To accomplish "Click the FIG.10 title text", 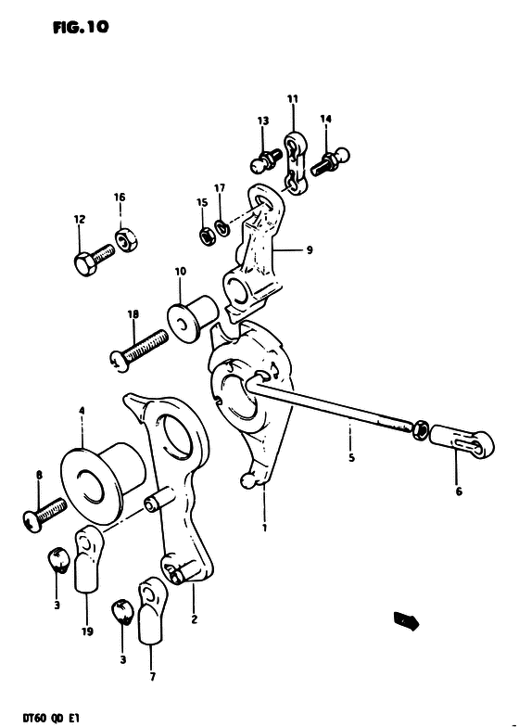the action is pos(81,28).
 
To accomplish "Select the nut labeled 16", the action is pos(127,239).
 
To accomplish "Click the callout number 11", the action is pos(293,98).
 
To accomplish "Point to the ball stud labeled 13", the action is pos(266,159).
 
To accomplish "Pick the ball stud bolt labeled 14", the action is pos(330,161).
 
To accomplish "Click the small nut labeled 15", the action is pos(207,236).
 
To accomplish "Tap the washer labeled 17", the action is pos(222,228).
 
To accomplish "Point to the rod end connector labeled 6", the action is pos(462,443).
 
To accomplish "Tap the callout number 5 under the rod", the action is pos(351,458).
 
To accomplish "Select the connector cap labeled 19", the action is pos(87,560).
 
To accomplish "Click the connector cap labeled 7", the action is pos(151,610).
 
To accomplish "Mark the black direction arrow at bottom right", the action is pos(406,620).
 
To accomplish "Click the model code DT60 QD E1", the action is pos(46,716).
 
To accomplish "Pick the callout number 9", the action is pos(310,250).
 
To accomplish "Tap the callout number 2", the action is pos(195,619).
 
